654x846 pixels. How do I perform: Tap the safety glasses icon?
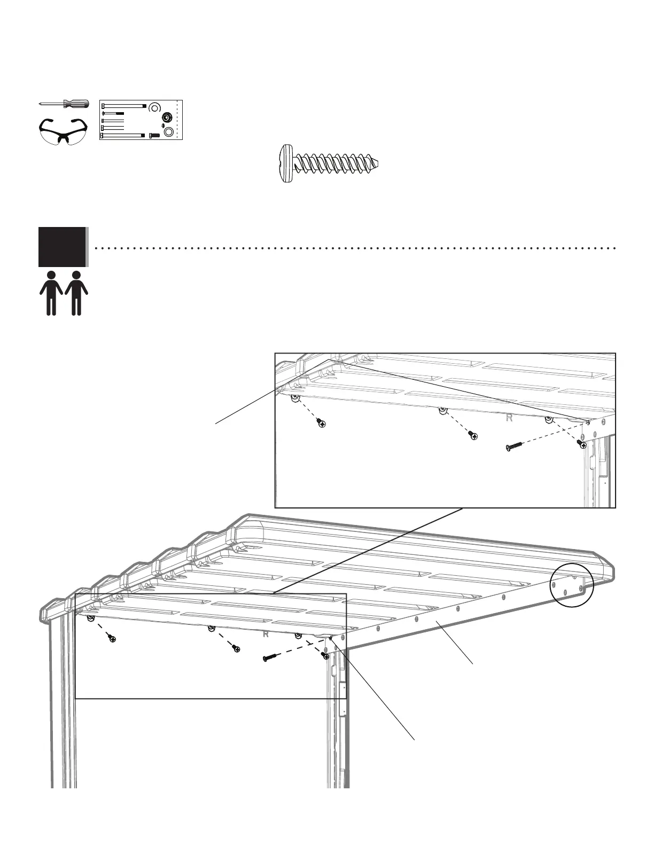63,131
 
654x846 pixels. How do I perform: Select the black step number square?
62,247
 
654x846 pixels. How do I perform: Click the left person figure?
51,293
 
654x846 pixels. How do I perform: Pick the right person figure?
76,293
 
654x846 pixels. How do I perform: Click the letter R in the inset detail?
509,418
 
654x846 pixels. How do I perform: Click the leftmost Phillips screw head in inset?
321,424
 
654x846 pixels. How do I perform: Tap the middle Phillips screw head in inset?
473,436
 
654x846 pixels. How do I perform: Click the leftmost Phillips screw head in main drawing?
112,639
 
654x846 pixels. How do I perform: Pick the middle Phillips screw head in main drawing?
236,648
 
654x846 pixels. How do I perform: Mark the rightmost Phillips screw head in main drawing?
324,656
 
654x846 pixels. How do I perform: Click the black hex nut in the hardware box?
166,117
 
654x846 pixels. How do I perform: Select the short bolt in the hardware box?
154,135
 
